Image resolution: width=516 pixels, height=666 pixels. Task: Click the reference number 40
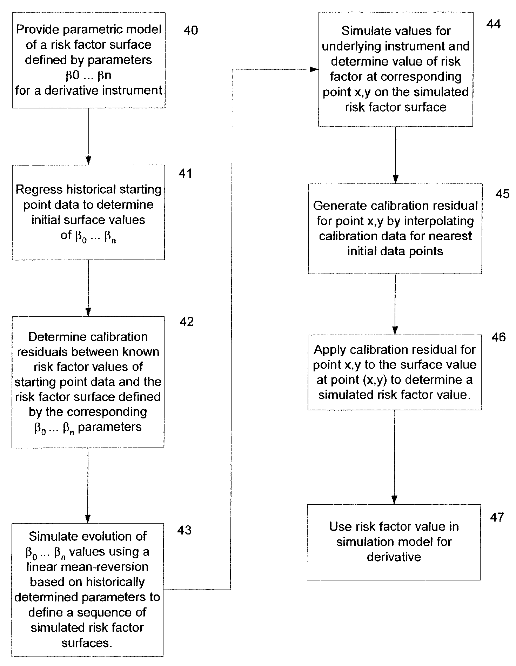(x=191, y=31)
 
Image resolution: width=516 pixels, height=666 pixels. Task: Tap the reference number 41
(x=185, y=174)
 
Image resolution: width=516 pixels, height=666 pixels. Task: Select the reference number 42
(x=187, y=322)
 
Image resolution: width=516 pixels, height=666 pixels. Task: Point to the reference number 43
(x=185, y=530)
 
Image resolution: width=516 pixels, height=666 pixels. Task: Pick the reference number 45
(x=503, y=194)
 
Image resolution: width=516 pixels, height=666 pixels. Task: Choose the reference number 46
(x=499, y=337)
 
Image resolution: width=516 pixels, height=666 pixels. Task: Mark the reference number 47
(x=497, y=517)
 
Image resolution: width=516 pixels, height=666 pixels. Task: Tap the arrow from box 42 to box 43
(x=88, y=486)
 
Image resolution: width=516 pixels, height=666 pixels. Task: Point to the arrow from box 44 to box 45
(x=396, y=155)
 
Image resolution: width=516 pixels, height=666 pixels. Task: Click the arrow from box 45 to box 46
(x=395, y=304)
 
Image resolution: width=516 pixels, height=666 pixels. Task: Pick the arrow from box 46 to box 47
(x=394, y=457)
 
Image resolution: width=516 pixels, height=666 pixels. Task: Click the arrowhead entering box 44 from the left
(x=315, y=70)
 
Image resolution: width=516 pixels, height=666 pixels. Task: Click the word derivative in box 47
(x=394, y=557)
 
